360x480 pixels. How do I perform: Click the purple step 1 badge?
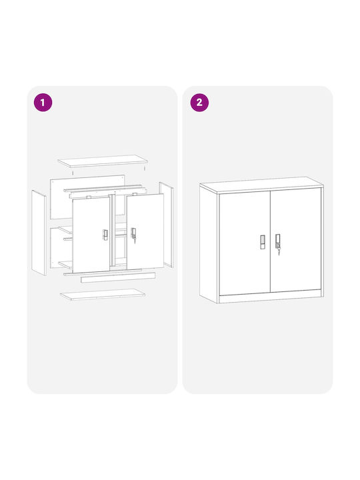point(43,102)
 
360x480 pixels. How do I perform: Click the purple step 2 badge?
point(199,102)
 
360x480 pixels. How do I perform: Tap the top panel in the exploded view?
point(103,161)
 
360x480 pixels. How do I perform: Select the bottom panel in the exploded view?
point(103,294)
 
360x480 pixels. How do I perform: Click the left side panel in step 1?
point(39,233)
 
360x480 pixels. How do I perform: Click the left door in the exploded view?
point(91,235)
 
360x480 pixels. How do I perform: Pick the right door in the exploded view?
point(145,231)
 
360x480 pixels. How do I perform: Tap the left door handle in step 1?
point(105,235)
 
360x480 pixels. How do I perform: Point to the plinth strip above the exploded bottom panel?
point(118,277)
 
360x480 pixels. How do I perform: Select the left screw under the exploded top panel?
point(73,173)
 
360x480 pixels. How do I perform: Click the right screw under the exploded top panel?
point(145,169)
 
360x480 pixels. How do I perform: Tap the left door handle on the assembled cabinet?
point(263,242)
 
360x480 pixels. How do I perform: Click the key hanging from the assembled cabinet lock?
point(279,251)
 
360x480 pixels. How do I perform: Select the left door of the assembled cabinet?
point(245,243)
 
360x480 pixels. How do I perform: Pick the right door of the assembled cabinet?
point(296,240)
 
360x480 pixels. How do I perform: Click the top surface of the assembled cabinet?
point(261,185)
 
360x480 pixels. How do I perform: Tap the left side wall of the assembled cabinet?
point(209,244)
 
